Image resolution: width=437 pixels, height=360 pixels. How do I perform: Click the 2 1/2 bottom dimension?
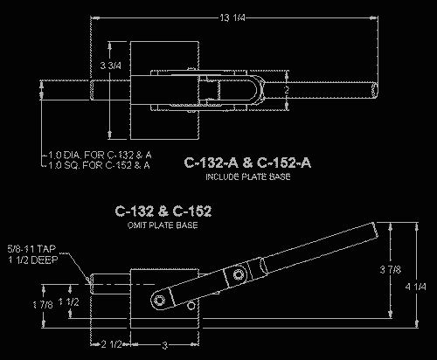coord(110,343)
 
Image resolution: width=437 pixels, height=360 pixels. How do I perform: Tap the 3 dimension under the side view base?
coord(162,343)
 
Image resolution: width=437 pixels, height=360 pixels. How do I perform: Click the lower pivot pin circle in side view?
coord(159,300)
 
